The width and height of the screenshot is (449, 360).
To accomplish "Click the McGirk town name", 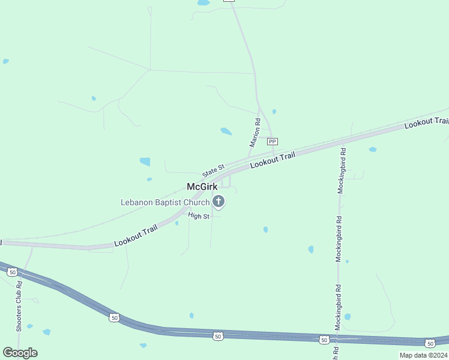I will [202, 187].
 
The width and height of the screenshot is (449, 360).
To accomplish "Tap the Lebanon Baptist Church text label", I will [164, 202].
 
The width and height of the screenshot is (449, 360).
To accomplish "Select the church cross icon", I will [219, 202].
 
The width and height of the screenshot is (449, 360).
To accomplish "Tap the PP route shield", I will [273, 142].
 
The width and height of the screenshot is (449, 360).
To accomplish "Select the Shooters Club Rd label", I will [19, 306].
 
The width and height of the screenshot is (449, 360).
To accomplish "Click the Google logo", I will [20, 353].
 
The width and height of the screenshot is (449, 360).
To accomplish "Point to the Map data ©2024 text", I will [423, 355].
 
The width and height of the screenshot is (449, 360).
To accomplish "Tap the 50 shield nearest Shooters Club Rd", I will [12, 272].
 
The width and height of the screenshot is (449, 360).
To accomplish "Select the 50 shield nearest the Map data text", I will [430, 343].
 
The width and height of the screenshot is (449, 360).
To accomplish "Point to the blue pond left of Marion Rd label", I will [226, 131].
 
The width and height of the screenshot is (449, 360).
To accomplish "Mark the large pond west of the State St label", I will [145, 161].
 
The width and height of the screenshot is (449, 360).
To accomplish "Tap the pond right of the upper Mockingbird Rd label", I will [373, 149].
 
